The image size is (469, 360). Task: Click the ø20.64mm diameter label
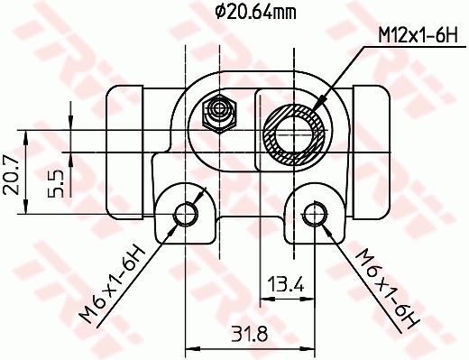tap(255, 13)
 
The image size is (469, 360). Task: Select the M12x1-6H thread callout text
tap(418, 35)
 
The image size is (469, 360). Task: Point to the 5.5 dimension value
tap(56, 184)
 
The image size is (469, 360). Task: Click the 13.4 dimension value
tap(286, 284)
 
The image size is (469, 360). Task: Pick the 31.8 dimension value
tap(250, 334)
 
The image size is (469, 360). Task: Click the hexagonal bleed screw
tap(220, 114)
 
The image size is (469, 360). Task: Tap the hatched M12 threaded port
tap(295, 134)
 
